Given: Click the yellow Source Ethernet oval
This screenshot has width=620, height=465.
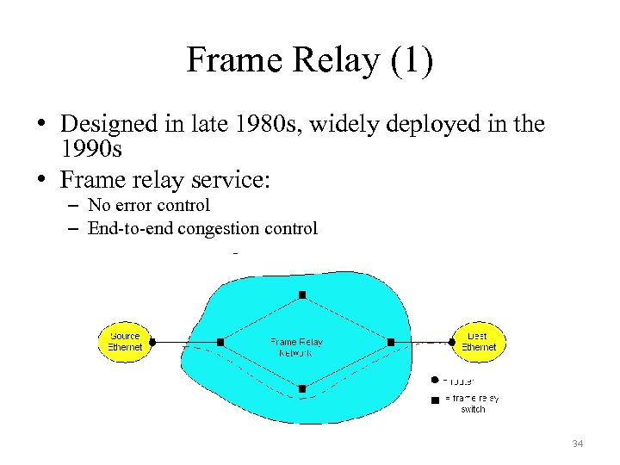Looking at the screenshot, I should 124,342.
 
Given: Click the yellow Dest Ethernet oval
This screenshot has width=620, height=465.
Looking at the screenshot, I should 478,342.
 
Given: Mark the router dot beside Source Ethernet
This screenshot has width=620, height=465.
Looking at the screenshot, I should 152,342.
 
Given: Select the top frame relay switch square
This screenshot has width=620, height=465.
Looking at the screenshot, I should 302,295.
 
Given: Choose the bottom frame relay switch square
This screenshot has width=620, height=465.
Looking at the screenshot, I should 302,388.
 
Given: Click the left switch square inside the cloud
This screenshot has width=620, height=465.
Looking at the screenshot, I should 220,342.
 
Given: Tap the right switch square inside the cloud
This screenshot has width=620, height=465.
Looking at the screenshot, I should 391,342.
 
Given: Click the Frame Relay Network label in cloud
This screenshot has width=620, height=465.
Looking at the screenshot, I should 296,347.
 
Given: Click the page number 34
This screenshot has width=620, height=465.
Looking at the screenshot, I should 577,443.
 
